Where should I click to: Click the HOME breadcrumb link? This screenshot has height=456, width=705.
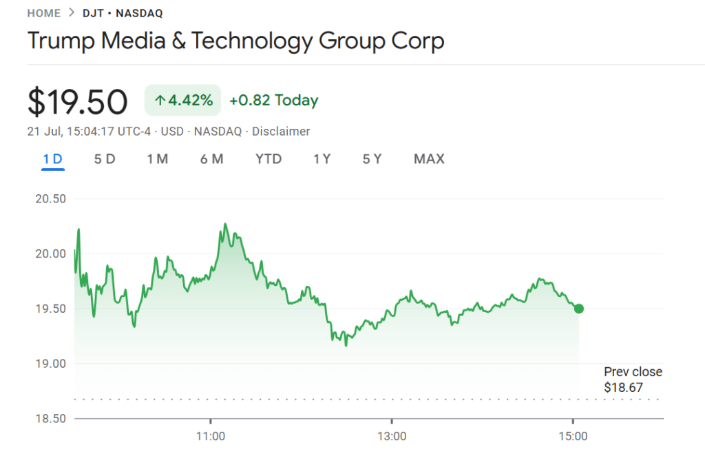43,13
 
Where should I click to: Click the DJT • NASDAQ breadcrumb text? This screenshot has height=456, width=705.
123,13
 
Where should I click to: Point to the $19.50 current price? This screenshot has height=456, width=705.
77,102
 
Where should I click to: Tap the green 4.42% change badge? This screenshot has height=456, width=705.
182,101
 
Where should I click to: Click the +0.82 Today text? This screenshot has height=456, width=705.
273,101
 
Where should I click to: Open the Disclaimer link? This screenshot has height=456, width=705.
281,131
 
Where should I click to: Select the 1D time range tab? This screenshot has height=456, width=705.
53,159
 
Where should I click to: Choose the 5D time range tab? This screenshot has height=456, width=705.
105,159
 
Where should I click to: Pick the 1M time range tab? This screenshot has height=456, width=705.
158,159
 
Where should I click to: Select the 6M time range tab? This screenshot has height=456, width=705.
211,159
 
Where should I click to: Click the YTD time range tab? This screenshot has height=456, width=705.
269,159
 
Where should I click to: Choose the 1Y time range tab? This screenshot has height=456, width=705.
322,159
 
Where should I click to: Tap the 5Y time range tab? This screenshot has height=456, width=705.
372,159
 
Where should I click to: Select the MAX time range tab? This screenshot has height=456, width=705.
429,159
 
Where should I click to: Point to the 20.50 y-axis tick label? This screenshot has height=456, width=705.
50,199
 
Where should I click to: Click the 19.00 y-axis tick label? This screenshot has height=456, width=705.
50,363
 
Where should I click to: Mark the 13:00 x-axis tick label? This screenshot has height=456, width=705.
392,436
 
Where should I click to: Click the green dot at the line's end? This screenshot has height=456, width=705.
579,309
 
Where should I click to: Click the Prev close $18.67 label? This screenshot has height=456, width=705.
633,380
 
